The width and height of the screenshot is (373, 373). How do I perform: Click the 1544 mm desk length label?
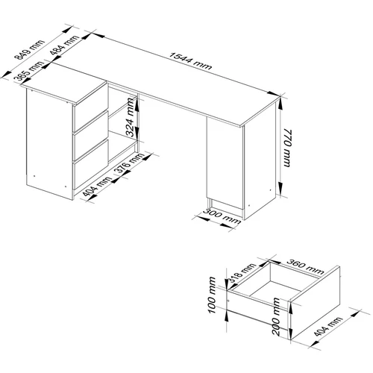point(190,61)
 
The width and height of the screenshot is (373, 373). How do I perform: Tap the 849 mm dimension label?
point(29,50)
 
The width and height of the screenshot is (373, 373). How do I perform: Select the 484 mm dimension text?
point(64,45)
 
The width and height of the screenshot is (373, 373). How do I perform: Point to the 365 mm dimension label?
point(28,72)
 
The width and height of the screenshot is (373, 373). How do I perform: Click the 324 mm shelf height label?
point(130,117)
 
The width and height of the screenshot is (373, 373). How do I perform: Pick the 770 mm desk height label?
point(286,148)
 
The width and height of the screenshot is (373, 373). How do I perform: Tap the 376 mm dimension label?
point(130,163)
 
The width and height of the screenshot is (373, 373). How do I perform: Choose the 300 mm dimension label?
point(222,216)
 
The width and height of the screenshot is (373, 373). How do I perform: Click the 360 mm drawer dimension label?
point(305,266)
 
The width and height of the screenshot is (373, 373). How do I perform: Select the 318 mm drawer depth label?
point(242,274)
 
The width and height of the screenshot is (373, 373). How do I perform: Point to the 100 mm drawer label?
point(212,295)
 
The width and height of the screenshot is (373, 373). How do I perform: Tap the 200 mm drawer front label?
point(276,316)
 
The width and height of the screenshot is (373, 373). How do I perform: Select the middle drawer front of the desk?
point(91,136)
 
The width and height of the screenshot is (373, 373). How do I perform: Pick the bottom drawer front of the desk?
point(91,164)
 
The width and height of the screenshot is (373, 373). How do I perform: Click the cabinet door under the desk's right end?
point(225,163)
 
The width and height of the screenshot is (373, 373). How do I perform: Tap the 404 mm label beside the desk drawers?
point(97,186)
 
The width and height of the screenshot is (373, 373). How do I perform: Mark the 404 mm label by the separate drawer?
point(328,327)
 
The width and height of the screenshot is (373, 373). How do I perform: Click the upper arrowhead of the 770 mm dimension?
point(280,103)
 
